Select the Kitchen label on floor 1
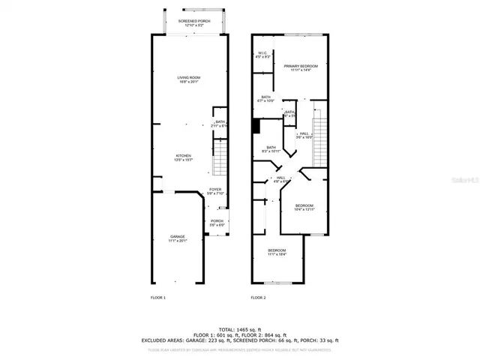tap(184, 157)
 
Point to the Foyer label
tap(215, 191)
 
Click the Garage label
tap(177, 239)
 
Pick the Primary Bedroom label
tap(301, 68)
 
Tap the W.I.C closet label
tap(262, 55)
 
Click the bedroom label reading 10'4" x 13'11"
tap(304, 208)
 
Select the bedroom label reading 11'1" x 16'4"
tap(277, 252)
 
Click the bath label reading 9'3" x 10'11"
tap(270, 149)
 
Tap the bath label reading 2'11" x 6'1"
tap(220, 124)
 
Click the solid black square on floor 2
tap(256, 127)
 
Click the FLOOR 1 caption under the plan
tap(158, 298)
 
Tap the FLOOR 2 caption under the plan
tap(258, 298)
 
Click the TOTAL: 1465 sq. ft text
tap(239, 328)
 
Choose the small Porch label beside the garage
tap(217, 223)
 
